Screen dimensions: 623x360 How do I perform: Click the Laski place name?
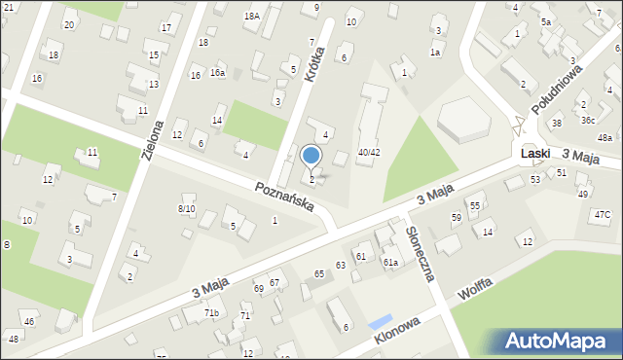536,154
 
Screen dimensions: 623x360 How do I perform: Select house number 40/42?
368,152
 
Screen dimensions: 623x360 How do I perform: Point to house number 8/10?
186,208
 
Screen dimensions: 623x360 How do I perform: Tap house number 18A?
251,16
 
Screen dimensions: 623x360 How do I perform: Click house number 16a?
218,73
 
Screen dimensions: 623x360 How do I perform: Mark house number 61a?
390,262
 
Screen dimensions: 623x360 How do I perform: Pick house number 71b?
211,312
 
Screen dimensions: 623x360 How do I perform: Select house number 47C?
603,214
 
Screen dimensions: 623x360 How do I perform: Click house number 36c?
588,121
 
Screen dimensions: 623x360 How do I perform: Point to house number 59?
456,216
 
